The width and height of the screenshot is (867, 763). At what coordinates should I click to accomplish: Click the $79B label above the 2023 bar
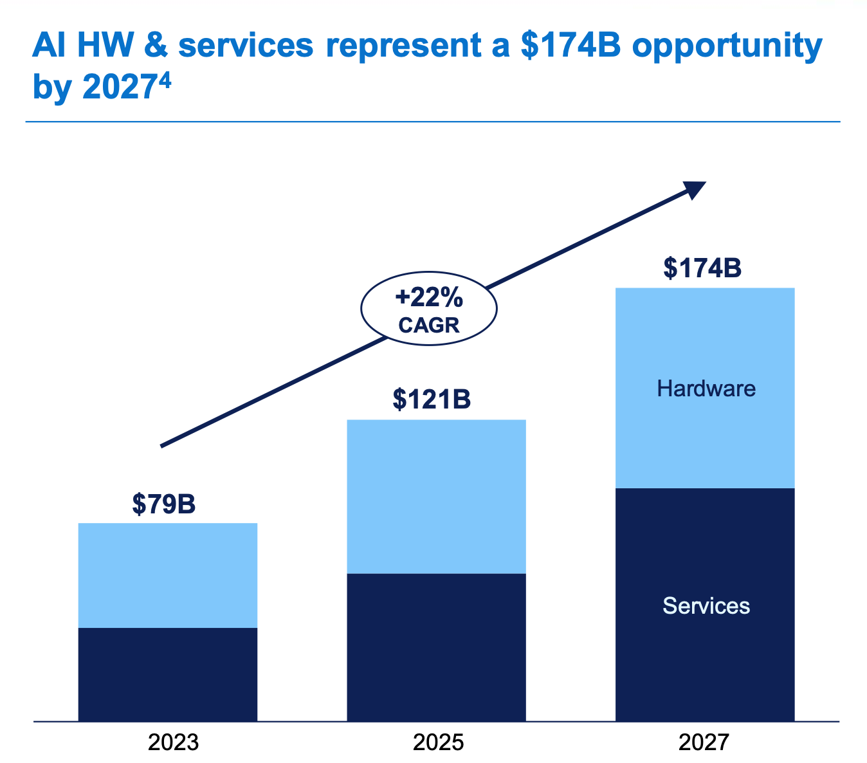tap(164, 504)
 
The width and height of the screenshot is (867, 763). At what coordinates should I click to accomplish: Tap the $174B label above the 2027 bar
tap(702, 268)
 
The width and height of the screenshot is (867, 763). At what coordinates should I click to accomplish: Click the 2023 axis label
tap(173, 742)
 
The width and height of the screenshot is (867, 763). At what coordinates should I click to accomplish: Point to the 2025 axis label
tap(438, 742)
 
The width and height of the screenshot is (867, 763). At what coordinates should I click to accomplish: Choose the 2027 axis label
tap(704, 742)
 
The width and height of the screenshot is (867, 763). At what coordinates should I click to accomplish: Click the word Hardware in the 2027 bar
tap(706, 389)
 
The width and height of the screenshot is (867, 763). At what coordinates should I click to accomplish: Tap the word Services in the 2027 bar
tap(706, 606)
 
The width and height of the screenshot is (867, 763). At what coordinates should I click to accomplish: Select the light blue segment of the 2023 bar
tap(168, 575)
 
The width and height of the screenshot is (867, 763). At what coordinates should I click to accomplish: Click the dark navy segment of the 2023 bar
tap(168, 674)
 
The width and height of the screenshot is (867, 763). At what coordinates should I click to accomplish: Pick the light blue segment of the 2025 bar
tap(436, 496)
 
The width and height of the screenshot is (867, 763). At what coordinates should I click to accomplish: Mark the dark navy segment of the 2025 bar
tap(436, 647)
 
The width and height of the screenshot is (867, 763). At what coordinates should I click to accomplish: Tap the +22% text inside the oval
tap(429, 299)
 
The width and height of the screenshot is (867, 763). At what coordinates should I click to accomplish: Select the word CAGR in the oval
tap(429, 326)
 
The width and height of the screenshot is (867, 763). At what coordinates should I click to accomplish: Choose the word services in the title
tap(245, 46)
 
